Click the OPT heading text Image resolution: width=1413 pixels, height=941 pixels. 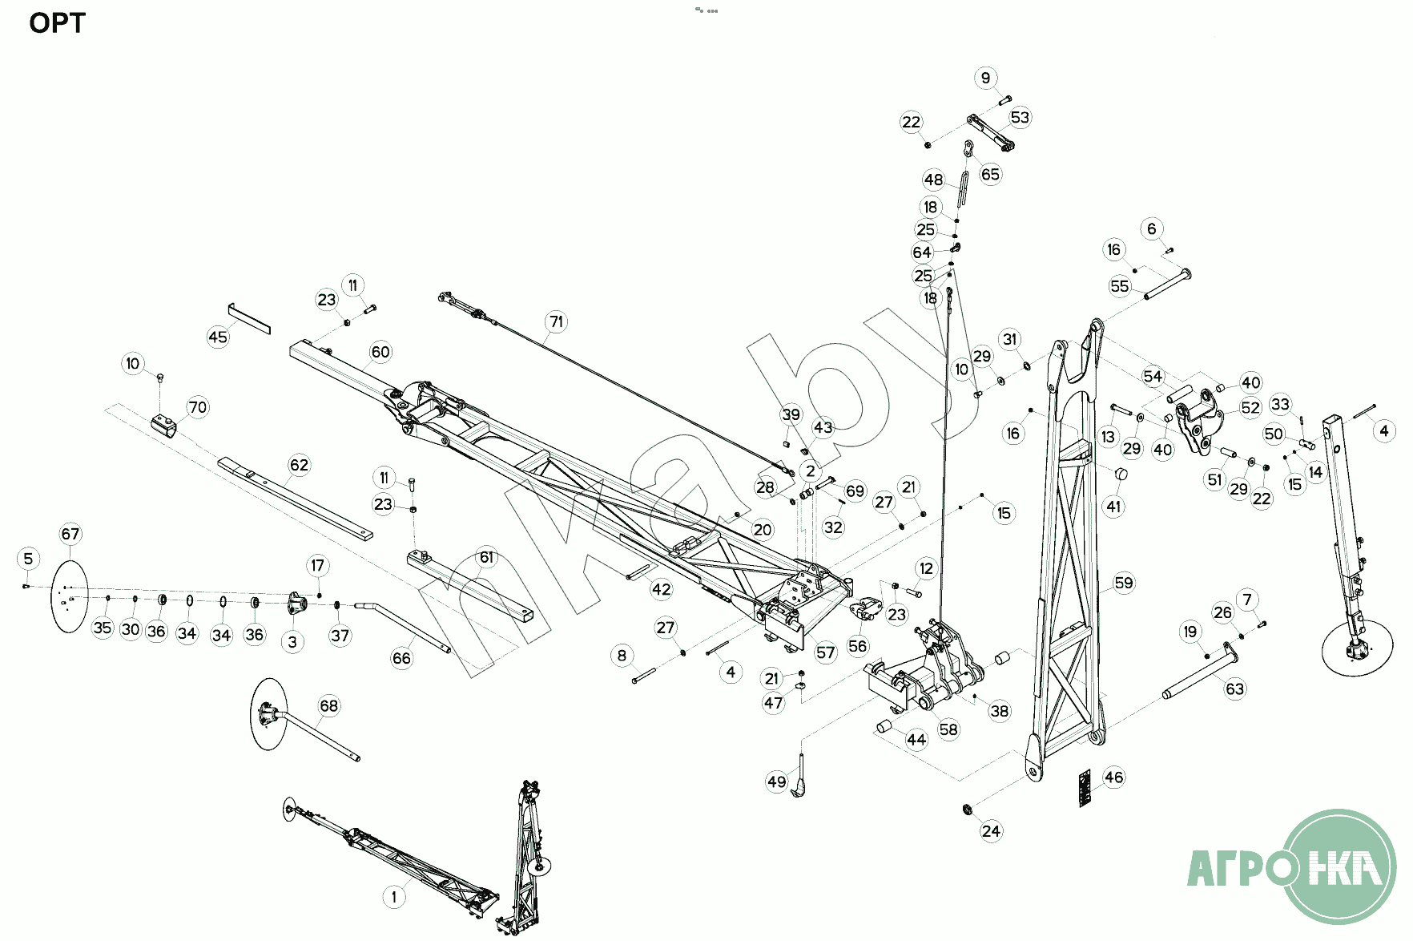57,23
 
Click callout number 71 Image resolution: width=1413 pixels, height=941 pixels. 556,322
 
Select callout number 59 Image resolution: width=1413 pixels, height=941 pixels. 1124,583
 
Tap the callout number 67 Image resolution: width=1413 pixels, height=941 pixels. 70,534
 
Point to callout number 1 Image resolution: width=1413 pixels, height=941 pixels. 393,896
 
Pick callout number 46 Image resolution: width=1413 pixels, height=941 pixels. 1113,777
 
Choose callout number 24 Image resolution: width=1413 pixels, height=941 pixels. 991,830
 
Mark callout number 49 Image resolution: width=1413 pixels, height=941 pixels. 776,781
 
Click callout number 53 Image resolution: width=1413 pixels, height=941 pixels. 1020,117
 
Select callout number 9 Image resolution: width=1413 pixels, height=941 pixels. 985,78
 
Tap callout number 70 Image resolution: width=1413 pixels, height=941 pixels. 197,407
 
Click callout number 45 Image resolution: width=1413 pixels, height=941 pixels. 218,337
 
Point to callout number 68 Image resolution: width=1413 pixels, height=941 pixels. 328,705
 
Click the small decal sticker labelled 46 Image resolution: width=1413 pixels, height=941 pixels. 1084,788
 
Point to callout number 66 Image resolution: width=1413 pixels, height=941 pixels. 401,658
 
